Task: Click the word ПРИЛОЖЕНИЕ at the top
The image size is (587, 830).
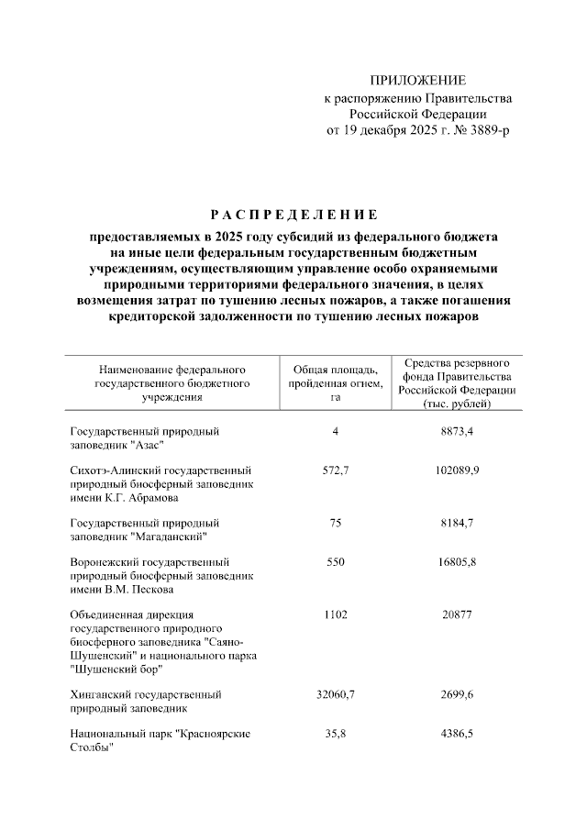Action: (417, 81)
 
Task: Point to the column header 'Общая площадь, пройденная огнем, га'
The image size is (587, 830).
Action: (330, 382)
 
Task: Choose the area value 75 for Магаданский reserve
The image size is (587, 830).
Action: (330, 522)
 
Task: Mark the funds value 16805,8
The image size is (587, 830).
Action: (457, 561)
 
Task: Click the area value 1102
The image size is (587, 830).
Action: (330, 614)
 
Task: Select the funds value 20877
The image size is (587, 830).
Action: (457, 614)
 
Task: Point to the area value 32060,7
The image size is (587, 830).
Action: (330, 694)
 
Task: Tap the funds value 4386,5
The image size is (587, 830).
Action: (457, 734)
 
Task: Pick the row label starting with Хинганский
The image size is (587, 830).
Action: (145, 701)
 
